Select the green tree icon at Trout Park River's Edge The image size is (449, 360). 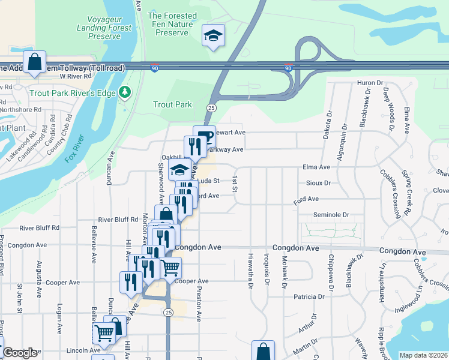(x=125, y=92)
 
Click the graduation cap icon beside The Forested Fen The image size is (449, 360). (x=212, y=35)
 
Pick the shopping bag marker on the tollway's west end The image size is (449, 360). (x=35, y=62)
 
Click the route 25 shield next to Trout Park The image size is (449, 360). (x=211, y=107)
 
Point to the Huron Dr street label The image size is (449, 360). (x=370, y=82)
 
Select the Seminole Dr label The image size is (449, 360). (x=331, y=214)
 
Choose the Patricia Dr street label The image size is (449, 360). (x=309, y=296)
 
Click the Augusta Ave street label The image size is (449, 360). (x=38, y=273)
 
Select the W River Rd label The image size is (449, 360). (x=75, y=77)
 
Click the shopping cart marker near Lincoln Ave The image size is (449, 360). (x=104, y=334)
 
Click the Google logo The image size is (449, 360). (x=20, y=353)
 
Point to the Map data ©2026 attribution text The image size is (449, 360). (x=423, y=355)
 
